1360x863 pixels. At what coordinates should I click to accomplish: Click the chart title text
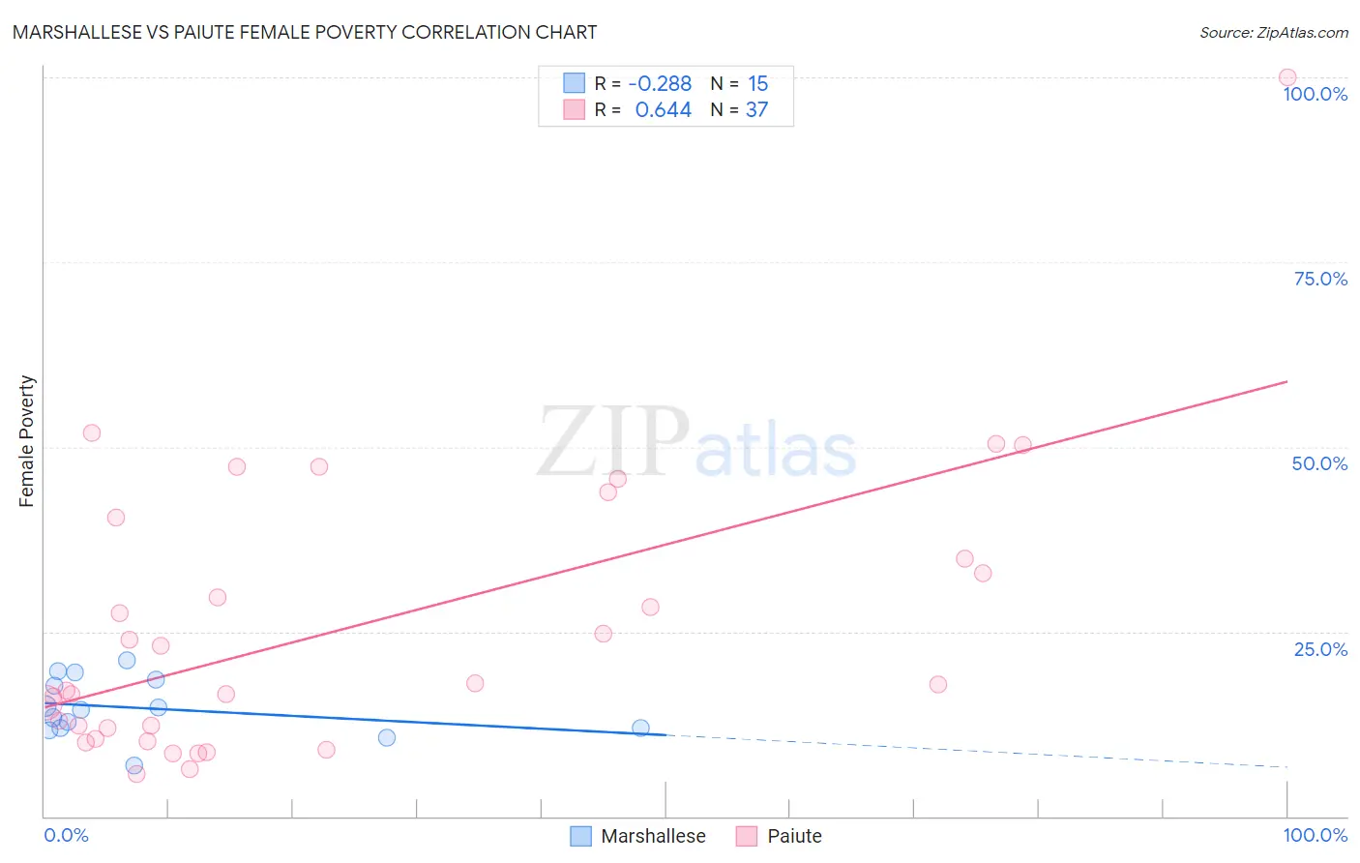tap(305, 32)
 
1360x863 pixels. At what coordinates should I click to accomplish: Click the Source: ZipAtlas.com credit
tap(1273, 32)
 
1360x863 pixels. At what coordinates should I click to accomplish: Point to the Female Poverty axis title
tap(27, 441)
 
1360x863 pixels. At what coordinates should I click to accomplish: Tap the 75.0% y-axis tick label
tap(1320, 279)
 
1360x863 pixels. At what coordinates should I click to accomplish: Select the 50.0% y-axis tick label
tap(1319, 463)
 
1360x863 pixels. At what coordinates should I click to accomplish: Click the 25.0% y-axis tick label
tap(1320, 649)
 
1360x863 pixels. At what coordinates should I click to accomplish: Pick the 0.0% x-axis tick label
tap(67, 835)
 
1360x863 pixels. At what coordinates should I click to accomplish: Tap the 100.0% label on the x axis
tap(1315, 835)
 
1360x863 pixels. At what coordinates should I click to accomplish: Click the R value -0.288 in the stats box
tap(660, 84)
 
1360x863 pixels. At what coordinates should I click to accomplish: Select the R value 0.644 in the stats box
tap(663, 110)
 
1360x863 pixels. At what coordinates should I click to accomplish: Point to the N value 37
tap(756, 110)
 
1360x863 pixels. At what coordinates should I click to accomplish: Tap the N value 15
tap(757, 84)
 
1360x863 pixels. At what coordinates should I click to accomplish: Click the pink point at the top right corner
tap(1286, 77)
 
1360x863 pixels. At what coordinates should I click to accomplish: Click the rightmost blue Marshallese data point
tap(640, 728)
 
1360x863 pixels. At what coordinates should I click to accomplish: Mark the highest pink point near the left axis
tap(92, 432)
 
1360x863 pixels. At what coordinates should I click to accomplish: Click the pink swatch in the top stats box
tap(575, 110)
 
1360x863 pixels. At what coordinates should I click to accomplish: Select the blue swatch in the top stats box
tap(575, 84)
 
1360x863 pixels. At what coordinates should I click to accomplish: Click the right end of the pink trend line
tap(1286, 382)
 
